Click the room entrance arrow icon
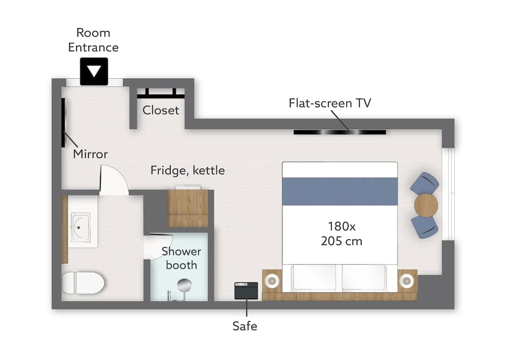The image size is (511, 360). [94, 71]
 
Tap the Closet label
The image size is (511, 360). [160, 110]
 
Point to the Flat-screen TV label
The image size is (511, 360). [330, 103]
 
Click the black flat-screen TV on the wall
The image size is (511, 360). [340, 132]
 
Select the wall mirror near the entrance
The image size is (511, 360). [63, 123]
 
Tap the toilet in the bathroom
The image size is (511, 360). [83, 282]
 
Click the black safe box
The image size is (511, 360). [246, 291]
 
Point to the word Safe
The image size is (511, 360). [245, 326]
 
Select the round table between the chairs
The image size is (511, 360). [426, 205]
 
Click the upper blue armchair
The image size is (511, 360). [425, 184]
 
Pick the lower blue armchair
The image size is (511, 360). [425, 226]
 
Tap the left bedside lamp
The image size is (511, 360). [272, 280]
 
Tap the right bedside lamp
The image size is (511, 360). [406, 280]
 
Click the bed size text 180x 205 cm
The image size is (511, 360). [341, 233]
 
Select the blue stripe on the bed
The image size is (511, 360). [340, 191]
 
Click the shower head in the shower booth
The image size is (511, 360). [184, 285]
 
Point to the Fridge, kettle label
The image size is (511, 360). [188, 171]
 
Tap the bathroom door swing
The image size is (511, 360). [114, 180]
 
